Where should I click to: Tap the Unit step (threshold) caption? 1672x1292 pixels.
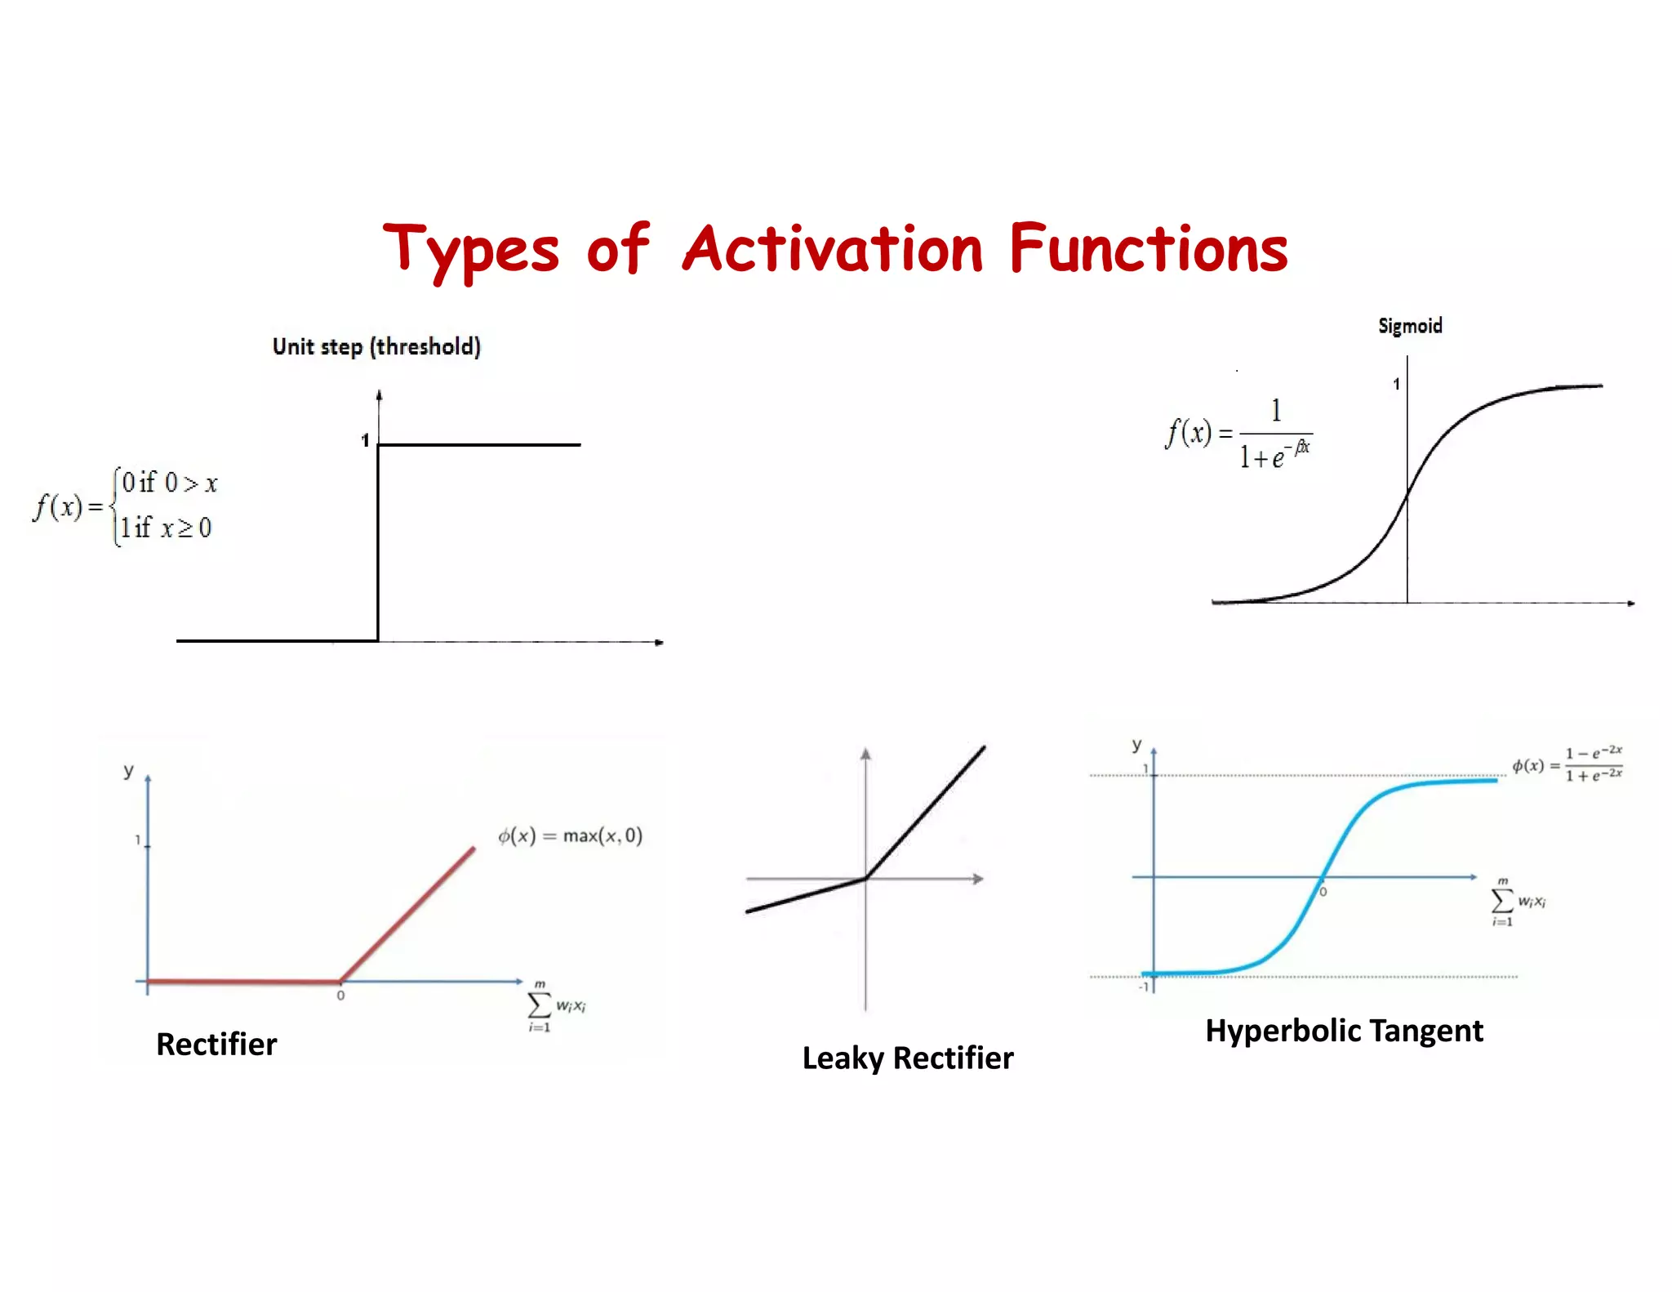[376, 347]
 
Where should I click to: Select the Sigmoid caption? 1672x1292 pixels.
[1409, 326]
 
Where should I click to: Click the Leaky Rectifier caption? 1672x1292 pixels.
[907, 1058]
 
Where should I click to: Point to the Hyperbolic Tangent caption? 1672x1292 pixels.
[1344, 1031]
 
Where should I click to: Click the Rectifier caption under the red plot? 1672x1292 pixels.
[216, 1044]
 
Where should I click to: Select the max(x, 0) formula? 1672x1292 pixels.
[570, 835]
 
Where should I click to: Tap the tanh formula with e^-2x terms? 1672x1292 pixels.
[1567, 764]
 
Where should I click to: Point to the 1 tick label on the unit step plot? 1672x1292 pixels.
[365, 440]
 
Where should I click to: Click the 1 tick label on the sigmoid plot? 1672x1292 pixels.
[1396, 384]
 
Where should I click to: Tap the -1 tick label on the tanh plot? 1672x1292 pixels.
[1144, 987]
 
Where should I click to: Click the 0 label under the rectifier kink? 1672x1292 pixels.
[340, 996]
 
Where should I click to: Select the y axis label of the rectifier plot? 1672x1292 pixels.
[128, 770]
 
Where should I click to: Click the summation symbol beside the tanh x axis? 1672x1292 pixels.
[1501, 901]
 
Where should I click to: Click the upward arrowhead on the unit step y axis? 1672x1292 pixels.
[379, 395]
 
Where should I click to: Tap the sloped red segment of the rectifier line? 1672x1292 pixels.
[408, 914]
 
